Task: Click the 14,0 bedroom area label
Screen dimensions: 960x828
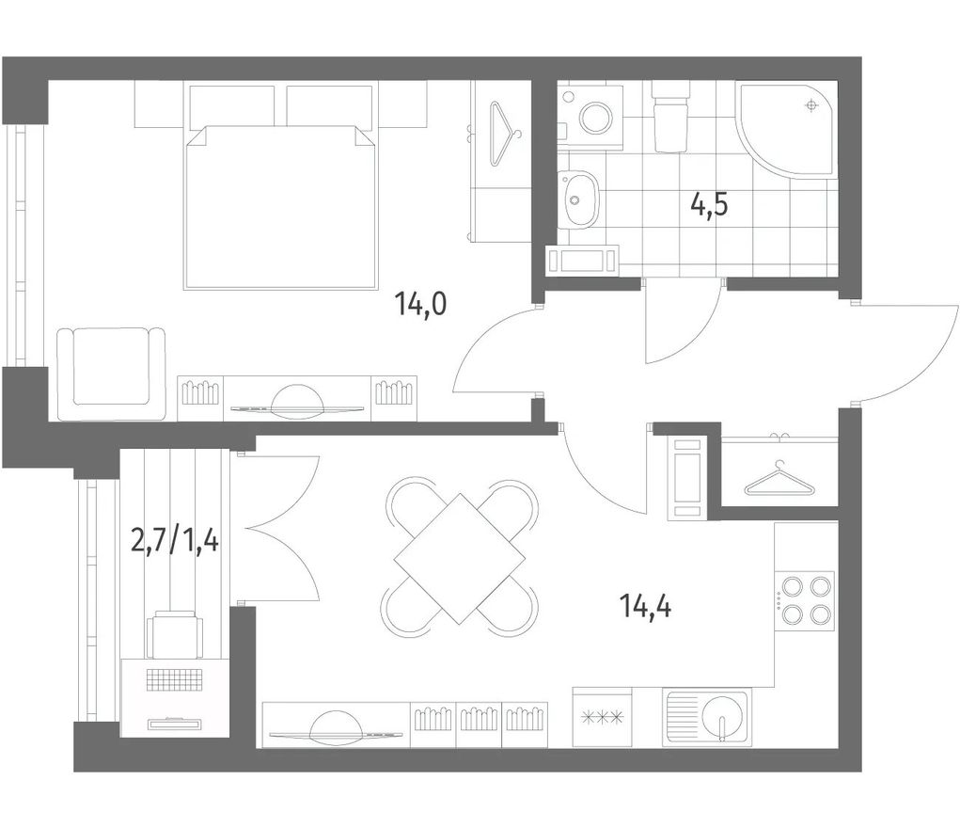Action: point(421,304)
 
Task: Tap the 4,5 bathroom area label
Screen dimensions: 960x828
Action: point(709,204)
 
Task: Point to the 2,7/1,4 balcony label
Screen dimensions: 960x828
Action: point(175,541)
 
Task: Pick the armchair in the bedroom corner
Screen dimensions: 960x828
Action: point(112,374)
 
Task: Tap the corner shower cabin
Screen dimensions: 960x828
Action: point(787,129)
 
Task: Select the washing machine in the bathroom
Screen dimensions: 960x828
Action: point(592,117)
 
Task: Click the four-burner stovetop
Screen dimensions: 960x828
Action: point(805,600)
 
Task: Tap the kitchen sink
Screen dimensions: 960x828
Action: point(706,718)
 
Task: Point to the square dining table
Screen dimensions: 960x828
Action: point(460,559)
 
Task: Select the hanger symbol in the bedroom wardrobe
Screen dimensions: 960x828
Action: point(505,135)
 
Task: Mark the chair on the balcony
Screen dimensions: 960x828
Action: point(175,634)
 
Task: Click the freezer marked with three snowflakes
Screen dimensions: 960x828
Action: point(602,716)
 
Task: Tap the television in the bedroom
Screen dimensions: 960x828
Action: point(297,404)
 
